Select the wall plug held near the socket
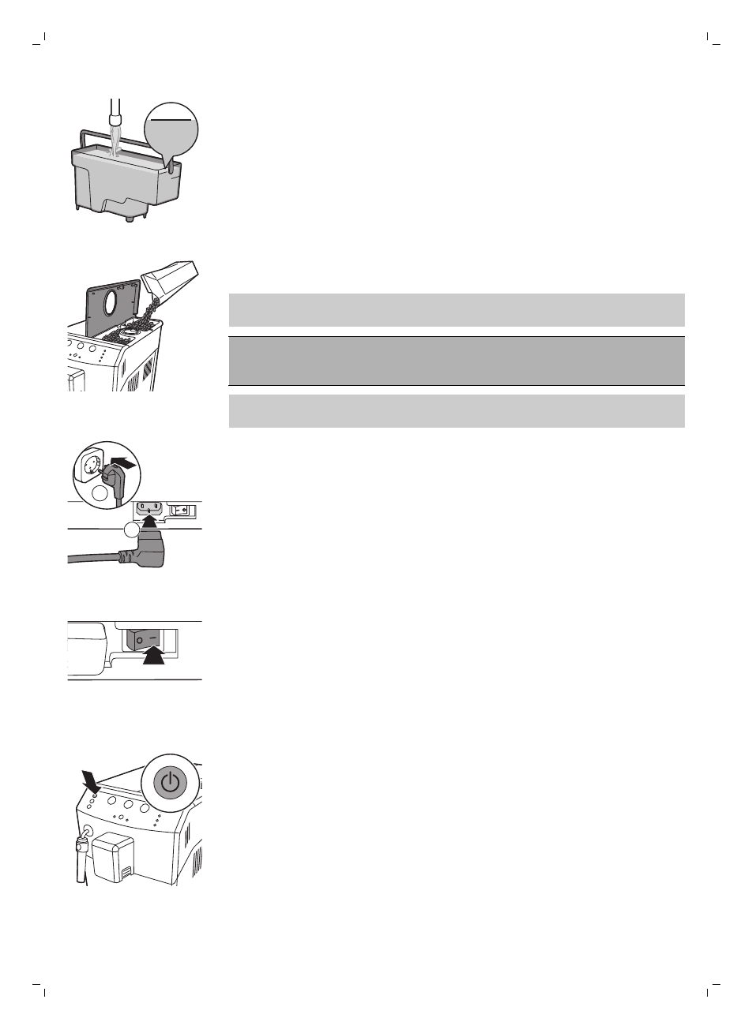tap(112, 479)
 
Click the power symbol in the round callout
tap(170, 783)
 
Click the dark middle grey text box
tap(456, 361)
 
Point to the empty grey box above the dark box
tap(456, 309)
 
